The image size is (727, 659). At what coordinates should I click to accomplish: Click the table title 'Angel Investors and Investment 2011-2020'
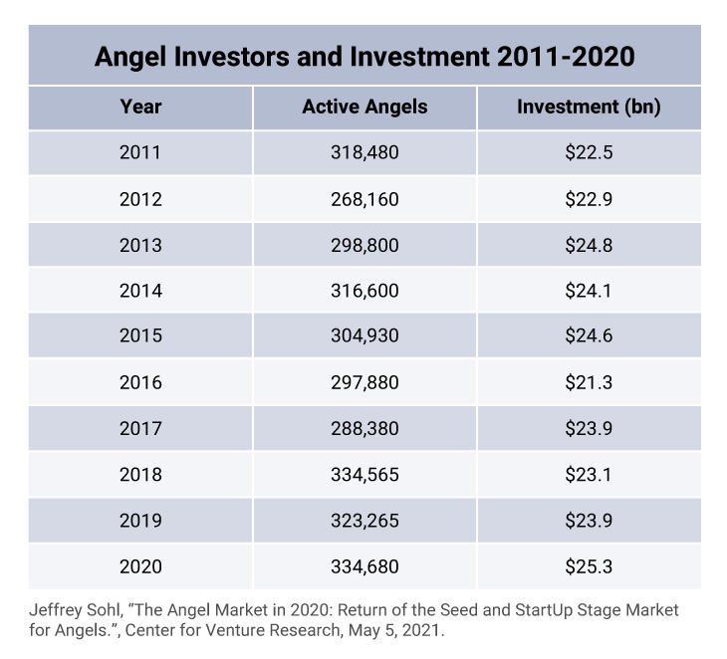click(363, 56)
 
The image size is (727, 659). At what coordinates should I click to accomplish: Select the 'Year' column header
click(140, 108)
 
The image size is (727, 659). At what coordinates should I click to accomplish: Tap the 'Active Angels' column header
click(364, 108)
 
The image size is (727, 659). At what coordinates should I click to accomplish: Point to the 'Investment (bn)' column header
click(588, 108)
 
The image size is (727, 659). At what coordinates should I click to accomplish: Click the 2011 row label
click(140, 153)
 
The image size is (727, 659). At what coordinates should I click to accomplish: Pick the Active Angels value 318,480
click(364, 153)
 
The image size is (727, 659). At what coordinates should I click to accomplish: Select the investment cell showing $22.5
click(588, 153)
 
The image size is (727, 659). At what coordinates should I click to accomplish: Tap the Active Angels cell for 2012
click(364, 199)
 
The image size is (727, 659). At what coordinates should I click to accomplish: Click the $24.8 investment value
click(588, 245)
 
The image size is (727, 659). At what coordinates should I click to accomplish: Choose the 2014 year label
click(140, 291)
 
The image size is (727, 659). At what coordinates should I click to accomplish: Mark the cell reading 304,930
click(364, 336)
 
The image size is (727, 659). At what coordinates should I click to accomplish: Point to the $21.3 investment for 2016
click(588, 382)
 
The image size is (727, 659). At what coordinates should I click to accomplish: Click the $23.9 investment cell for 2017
click(588, 428)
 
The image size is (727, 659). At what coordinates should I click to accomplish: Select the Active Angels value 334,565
click(364, 474)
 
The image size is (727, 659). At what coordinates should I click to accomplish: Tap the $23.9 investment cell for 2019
click(588, 520)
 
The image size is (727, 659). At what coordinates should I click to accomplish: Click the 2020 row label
click(140, 566)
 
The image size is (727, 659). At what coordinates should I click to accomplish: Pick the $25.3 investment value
click(588, 566)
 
